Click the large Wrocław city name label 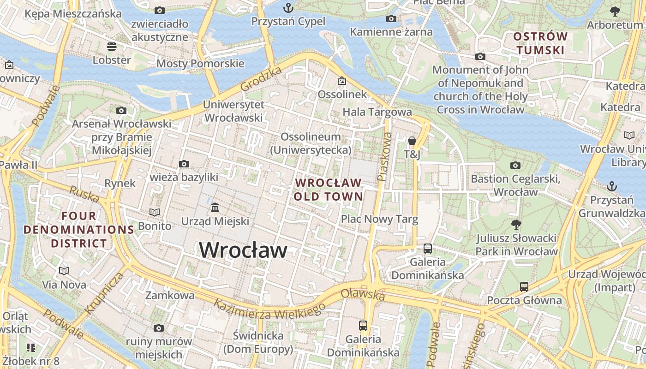pyautogui.click(x=243, y=250)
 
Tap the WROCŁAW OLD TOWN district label pyautogui.click(x=328, y=189)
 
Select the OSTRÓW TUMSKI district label pyautogui.click(x=540, y=43)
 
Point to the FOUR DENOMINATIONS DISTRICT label pyautogui.click(x=79, y=229)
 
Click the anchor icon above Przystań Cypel pyautogui.click(x=288, y=8)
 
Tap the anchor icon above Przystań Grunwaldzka pyautogui.click(x=611, y=186)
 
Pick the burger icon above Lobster pyautogui.click(x=111, y=47)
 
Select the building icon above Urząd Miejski pyautogui.click(x=215, y=208)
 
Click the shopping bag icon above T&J pyautogui.click(x=412, y=141)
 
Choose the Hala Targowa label pyautogui.click(x=377, y=112)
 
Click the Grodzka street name pyautogui.click(x=261, y=79)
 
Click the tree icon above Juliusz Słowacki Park pyautogui.click(x=516, y=225)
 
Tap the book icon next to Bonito pyautogui.click(x=155, y=212)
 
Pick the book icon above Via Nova pyautogui.click(x=64, y=271)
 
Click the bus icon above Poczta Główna pyautogui.click(x=524, y=286)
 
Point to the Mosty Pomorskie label pyautogui.click(x=200, y=63)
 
